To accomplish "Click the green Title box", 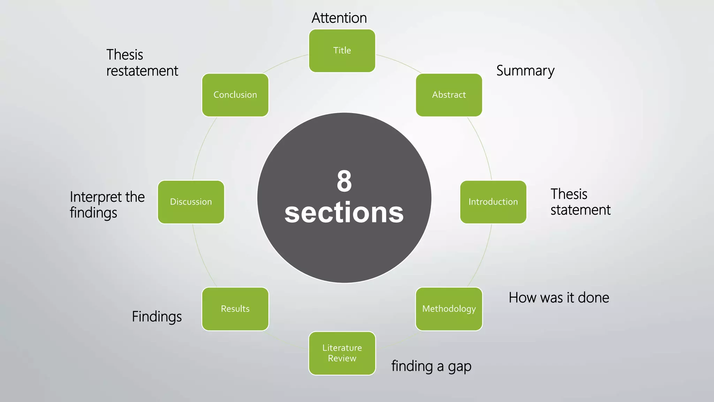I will tap(342, 51).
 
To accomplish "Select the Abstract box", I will tap(449, 95).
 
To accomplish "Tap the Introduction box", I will tap(493, 202).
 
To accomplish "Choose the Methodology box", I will tap(449, 309).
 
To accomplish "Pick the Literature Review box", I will tap(342, 353).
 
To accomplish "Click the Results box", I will tap(235, 309).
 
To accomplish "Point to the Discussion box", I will tap(191, 202).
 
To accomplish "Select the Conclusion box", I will tap(235, 95).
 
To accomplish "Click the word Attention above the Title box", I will tap(339, 18).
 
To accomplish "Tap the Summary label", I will tap(525, 71).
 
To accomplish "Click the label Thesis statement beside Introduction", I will tap(580, 202).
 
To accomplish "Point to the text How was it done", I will tap(559, 298).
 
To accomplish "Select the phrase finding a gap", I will tap(431, 366).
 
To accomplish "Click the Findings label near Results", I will tap(157, 317).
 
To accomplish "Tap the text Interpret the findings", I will tap(107, 205).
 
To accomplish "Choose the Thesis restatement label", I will tap(142, 63).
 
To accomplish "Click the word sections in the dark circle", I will tap(344, 213).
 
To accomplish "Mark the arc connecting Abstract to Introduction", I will tap(483, 147).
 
